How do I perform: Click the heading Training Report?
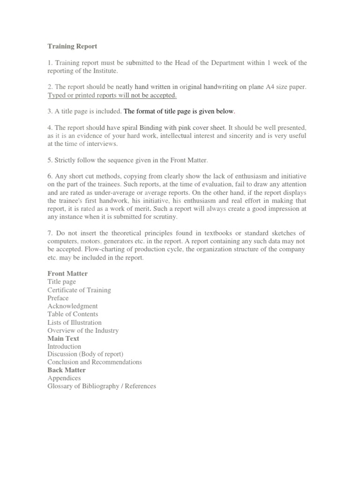[x=72, y=46]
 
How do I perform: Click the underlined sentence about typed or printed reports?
[x=112, y=95]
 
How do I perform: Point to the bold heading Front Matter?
[x=67, y=273]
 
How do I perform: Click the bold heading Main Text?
[x=63, y=338]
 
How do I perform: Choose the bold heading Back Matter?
[x=67, y=370]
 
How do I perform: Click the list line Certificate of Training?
[x=79, y=290]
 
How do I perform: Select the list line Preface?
[x=58, y=298]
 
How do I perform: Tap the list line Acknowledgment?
[x=73, y=306]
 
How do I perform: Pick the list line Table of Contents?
[x=73, y=314]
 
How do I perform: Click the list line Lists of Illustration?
[x=74, y=322]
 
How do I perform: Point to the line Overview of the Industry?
[x=83, y=330]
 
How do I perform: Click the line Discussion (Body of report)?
[x=85, y=354]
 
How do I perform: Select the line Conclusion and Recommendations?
[x=94, y=362]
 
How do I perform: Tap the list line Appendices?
[x=64, y=378]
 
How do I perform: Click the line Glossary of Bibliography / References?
[x=102, y=386]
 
